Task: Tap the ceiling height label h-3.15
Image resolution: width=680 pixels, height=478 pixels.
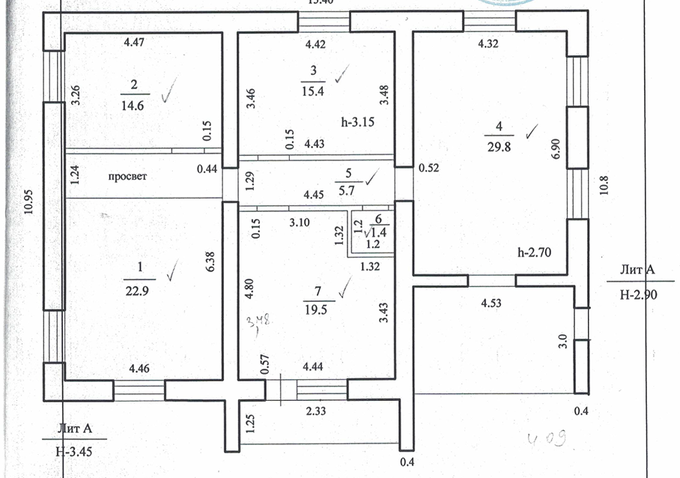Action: tap(356, 121)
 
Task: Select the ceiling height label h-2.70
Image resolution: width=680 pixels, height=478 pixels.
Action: tap(535, 252)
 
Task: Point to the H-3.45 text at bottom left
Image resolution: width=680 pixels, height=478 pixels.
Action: tap(73, 452)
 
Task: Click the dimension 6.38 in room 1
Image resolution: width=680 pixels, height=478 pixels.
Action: tap(213, 261)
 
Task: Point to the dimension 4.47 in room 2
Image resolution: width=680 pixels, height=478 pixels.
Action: tap(133, 43)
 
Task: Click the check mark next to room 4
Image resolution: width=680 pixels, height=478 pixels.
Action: tap(530, 133)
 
